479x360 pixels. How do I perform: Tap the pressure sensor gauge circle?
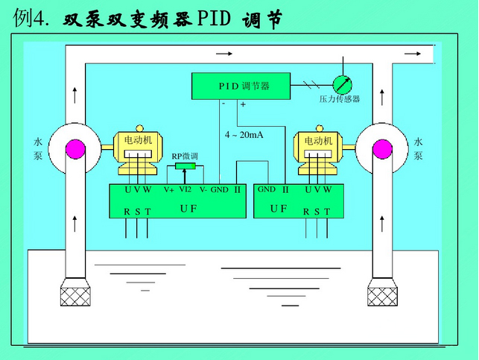[342, 83]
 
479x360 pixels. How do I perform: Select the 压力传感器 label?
[339, 99]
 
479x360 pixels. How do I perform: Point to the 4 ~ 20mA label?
[244, 135]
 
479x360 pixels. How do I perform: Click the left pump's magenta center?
[76, 148]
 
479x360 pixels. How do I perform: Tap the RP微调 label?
[185, 157]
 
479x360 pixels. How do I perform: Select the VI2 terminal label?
[185, 189]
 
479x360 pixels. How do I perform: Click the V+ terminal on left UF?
[169, 190]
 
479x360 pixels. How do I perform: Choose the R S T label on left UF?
[137, 212]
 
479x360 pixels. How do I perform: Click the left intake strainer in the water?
[75, 295]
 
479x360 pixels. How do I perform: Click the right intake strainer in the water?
[382, 295]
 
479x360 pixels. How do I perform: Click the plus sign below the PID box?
[243, 105]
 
